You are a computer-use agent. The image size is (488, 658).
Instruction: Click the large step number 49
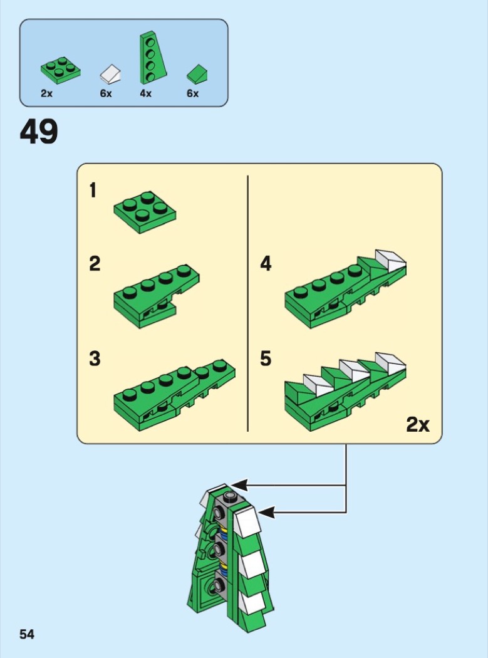coord(39,132)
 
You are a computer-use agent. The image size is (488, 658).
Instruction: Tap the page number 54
coord(27,634)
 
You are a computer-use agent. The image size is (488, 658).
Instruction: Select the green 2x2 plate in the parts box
coord(60,70)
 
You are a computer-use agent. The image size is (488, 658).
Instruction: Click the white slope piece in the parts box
coord(112,74)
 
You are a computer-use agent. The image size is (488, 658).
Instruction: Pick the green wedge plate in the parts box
coord(152,58)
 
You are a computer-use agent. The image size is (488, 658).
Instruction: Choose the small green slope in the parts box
coord(197,74)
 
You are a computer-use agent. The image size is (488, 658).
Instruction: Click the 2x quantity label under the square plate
coord(46,93)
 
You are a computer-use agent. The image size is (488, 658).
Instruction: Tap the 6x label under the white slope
coord(106,93)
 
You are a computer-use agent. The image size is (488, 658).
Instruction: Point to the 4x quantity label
coord(145,93)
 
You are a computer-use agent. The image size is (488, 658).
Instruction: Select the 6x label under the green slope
coord(192,93)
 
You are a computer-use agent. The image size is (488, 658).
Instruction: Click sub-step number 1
coord(93,190)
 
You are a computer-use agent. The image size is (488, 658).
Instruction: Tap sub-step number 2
coord(95,264)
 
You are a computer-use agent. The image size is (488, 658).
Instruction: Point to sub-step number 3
coord(95,359)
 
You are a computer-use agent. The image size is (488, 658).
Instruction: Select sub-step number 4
coord(266,264)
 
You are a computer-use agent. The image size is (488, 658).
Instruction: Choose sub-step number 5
coord(266,359)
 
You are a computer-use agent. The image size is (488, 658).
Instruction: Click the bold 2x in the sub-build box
coord(418,425)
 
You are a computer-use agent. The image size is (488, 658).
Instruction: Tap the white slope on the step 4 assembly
coord(391,261)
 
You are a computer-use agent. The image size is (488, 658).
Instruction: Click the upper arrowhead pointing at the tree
coord(237,486)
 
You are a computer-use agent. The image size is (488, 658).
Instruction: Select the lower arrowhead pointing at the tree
coord(266,512)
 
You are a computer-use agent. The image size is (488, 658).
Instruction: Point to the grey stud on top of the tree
coord(229,497)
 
